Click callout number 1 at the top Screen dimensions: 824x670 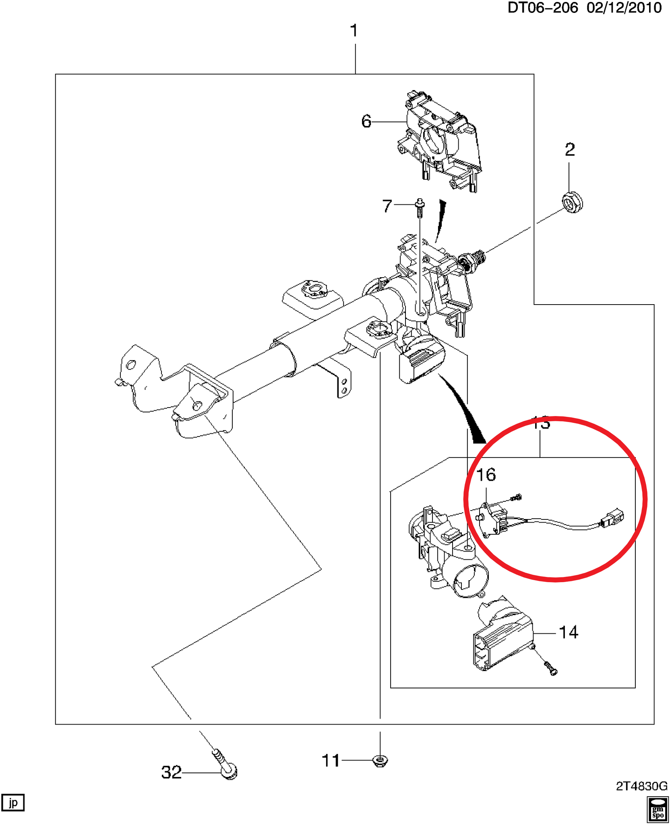point(354,31)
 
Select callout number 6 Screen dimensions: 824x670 point(366,121)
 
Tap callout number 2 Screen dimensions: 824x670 point(570,150)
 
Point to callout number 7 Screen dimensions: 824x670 point(387,206)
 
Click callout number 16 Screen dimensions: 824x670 point(486,475)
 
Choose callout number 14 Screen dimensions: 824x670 point(569,632)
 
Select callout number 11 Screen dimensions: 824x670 point(331,761)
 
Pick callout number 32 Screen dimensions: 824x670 point(172,772)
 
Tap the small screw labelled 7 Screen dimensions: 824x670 point(420,207)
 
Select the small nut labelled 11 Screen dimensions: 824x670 point(380,760)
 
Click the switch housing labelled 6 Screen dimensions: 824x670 point(441,141)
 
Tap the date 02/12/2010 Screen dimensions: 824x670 point(624,8)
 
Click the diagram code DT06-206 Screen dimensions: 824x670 point(542,8)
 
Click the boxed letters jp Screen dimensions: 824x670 point(13,803)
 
